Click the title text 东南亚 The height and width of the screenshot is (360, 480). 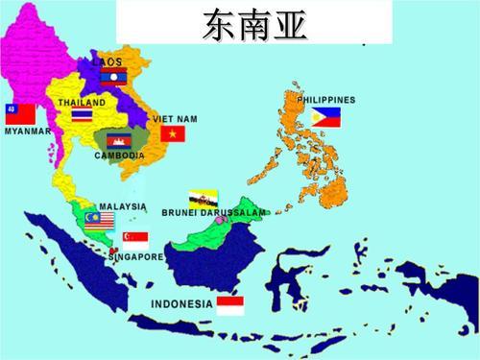(254, 23)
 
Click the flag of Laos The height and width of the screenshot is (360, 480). (113, 76)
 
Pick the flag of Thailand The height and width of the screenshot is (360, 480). (83, 116)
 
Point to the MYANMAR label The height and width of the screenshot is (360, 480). (28, 132)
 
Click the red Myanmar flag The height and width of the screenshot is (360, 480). (18, 114)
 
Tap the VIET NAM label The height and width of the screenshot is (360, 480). (175, 118)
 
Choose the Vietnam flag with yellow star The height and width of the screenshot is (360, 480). (173, 133)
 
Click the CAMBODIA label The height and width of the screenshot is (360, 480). (120, 156)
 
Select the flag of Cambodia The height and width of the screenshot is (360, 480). (120, 141)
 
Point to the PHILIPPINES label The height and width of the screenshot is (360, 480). (325, 100)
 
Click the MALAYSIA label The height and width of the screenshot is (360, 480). (123, 206)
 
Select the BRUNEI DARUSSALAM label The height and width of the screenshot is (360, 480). (213, 212)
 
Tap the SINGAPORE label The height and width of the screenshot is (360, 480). (135, 257)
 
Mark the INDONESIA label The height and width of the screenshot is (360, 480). (182, 303)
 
